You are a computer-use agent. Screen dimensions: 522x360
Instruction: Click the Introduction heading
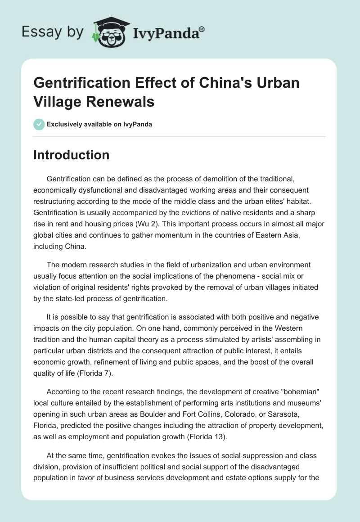coord(72,155)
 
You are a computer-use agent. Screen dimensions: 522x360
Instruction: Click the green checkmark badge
coord(39,124)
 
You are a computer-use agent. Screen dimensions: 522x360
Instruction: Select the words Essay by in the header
coord(53,31)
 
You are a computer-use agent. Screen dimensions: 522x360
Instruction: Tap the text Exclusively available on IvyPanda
coord(100,125)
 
